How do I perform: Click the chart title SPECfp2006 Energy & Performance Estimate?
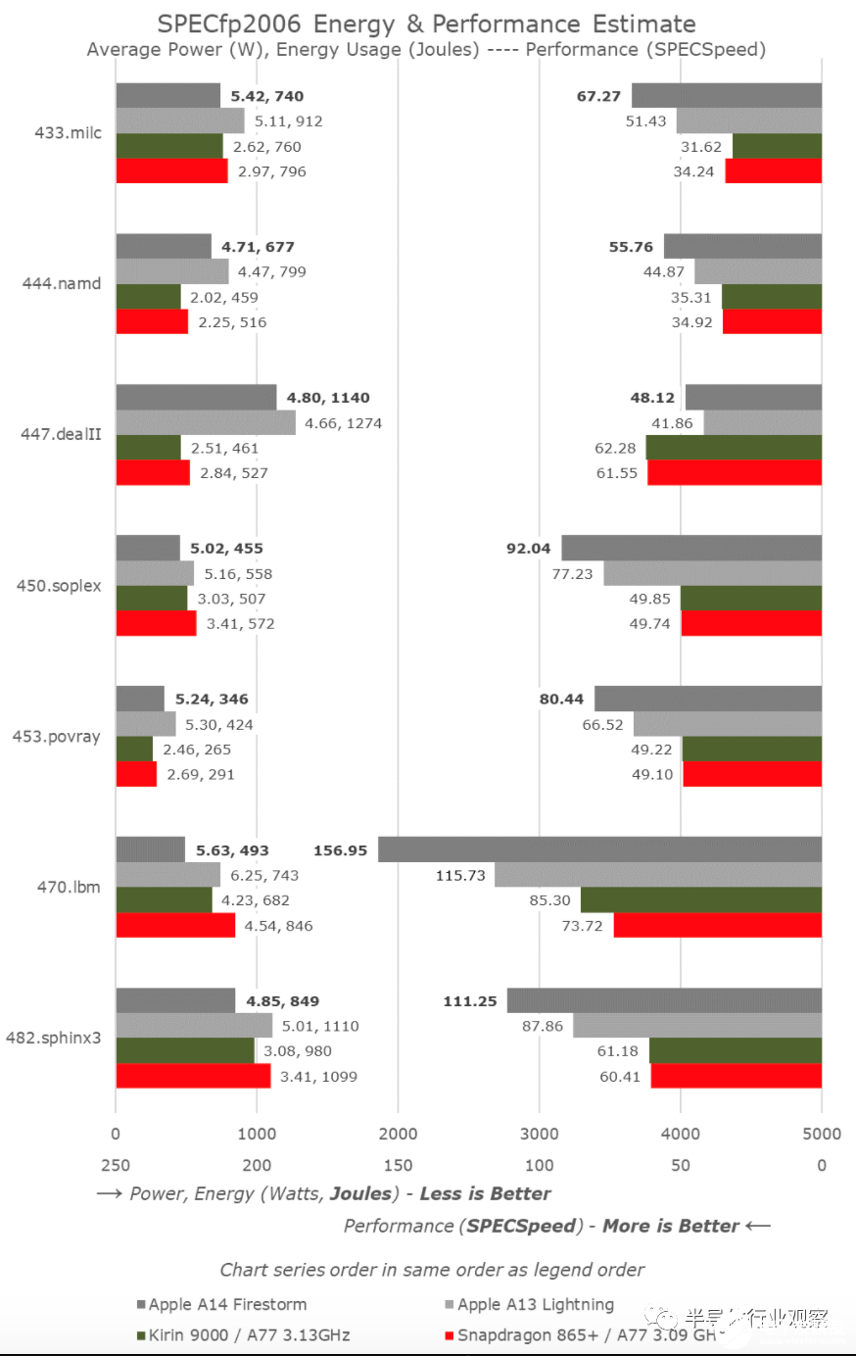[427, 24]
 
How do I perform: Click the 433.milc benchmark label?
[68, 133]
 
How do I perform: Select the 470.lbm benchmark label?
[69, 887]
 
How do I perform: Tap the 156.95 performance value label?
[340, 850]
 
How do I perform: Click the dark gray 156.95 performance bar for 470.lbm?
[599, 849]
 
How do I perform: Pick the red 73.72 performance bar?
[717, 925]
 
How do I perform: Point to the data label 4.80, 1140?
[328, 398]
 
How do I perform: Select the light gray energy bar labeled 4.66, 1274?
[206, 423]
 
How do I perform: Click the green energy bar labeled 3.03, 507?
[152, 599]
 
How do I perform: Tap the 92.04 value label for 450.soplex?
[528, 549]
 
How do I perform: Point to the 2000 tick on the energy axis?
[398, 1134]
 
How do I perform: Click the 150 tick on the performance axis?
[398, 1166]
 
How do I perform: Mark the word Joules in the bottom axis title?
[362, 1194]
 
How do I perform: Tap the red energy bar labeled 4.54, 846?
[175, 925]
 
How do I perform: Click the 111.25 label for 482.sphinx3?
[469, 1001]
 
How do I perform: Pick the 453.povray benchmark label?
[56, 737]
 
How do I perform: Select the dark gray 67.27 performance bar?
[726, 96]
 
